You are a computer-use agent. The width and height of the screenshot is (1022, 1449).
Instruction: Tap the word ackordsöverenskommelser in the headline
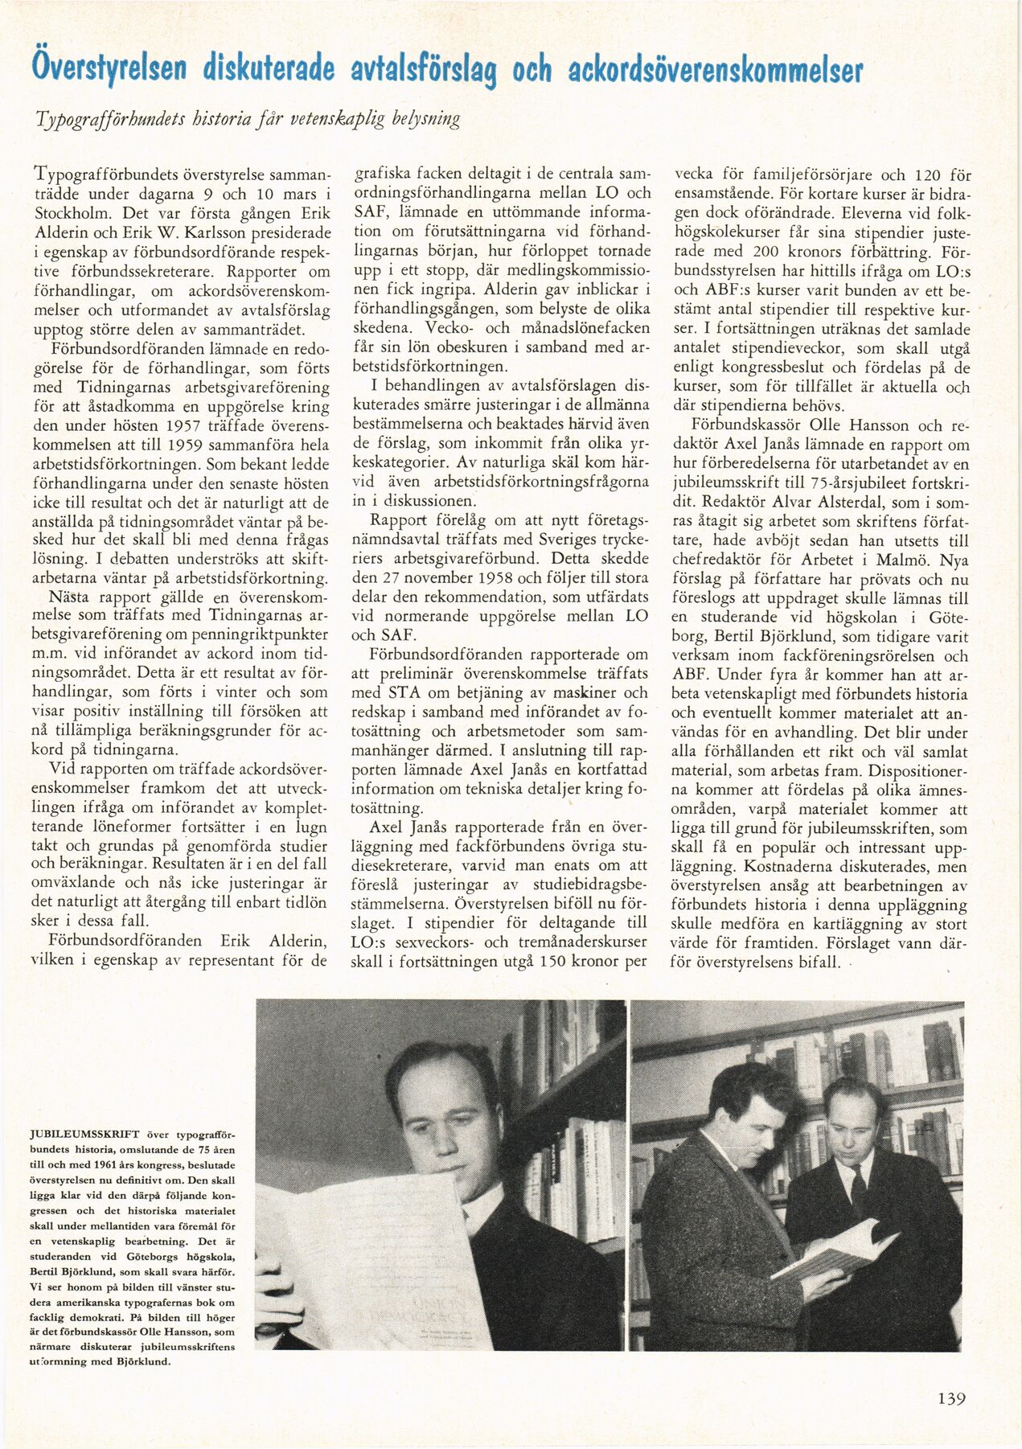715,69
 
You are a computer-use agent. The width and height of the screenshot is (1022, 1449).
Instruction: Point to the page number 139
951,1398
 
